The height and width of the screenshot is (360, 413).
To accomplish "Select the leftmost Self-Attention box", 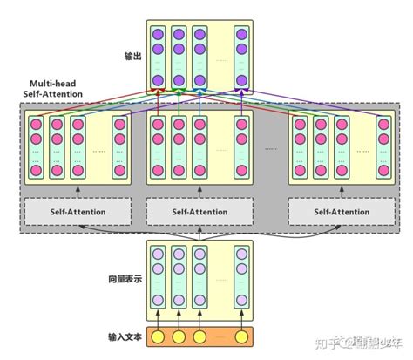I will (x=77, y=211).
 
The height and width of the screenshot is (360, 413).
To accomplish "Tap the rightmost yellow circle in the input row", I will (x=240, y=336).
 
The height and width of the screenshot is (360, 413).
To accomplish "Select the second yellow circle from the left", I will (x=179, y=336).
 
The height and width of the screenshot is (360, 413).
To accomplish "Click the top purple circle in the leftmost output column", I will (x=159, y=35).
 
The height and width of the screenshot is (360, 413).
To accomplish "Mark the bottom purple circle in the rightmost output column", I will (x=241, y=81).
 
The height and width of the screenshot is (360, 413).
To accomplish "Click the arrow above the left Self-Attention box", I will (x=77, y=190).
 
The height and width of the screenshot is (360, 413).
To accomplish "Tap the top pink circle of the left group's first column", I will (x=37, y=122).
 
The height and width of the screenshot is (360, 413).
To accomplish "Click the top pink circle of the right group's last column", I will (x=381, y=122).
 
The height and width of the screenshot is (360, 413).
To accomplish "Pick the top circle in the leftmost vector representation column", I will (x=158, y=255).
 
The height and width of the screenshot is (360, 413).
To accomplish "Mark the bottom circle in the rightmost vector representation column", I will (x=240, y=301).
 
